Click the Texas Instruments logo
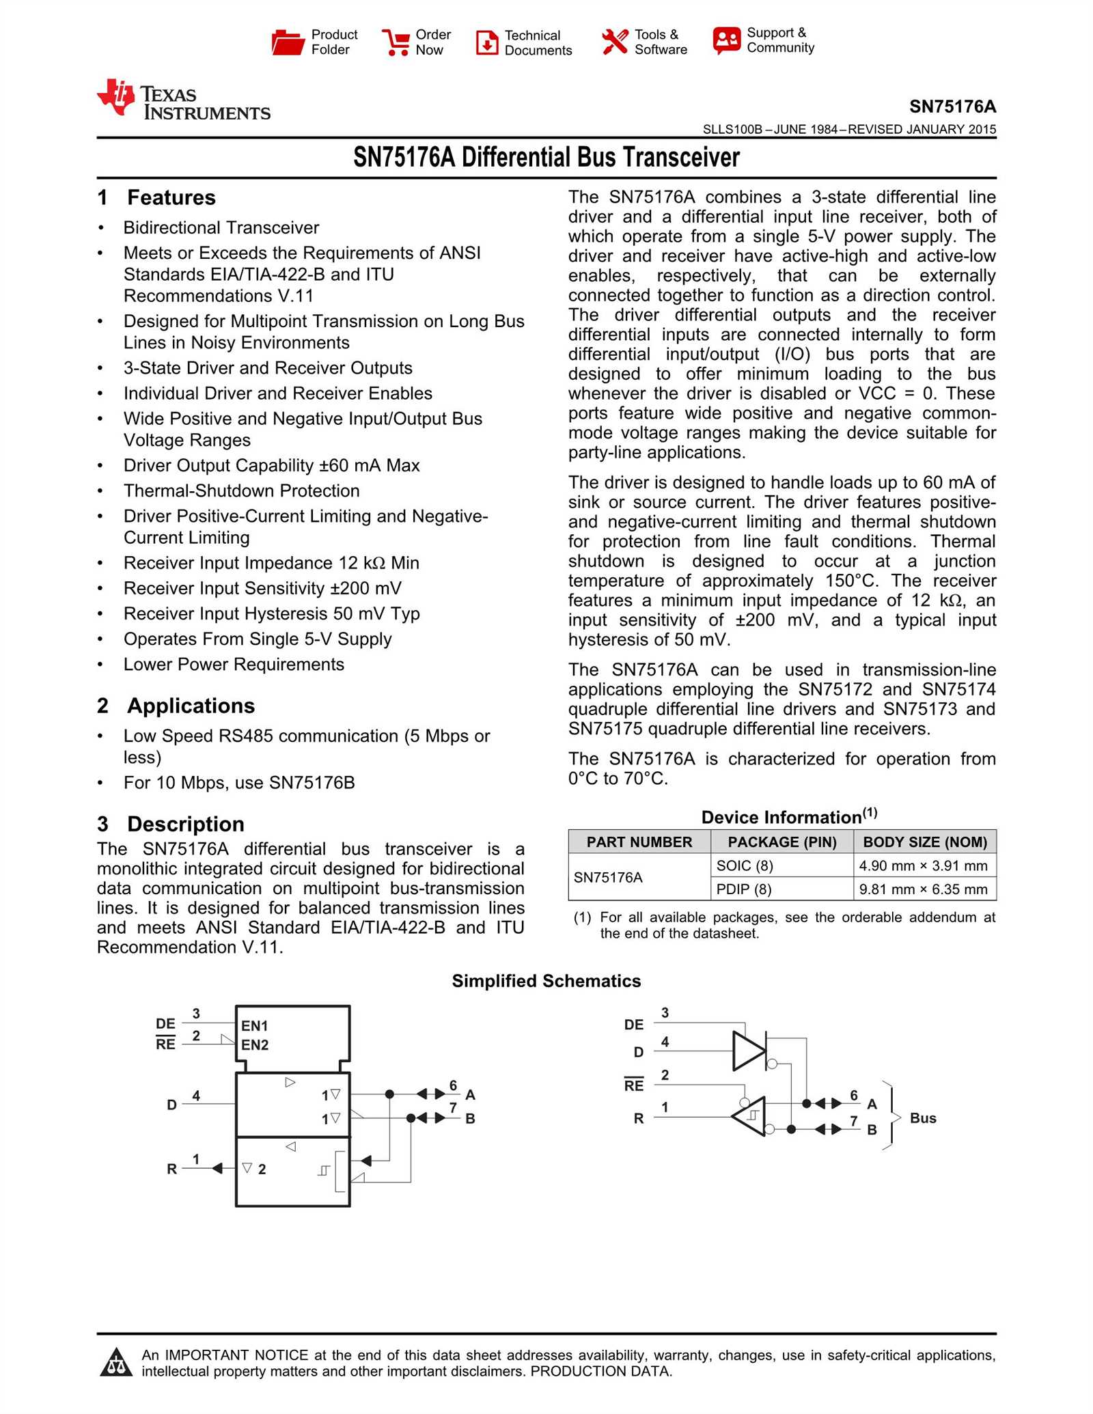point(183,100)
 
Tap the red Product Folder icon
point(287,42)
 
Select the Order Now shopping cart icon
point(396,42)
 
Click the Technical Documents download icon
point(487,42)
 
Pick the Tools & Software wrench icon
point(615,42)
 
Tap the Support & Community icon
point(726,40)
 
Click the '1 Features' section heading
point(156,197)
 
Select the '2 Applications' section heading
point(176,706)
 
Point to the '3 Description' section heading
point(171,824)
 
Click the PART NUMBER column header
point(639,842)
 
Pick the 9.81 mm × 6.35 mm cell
point(923,889)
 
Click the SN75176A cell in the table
point(608,878)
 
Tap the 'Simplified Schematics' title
point(546,981)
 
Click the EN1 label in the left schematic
point(255,1026)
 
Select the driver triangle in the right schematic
point(747,1051)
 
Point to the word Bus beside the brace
point(923,1118)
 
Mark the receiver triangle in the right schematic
point(750,1116)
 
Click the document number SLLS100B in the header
point(732,130)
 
